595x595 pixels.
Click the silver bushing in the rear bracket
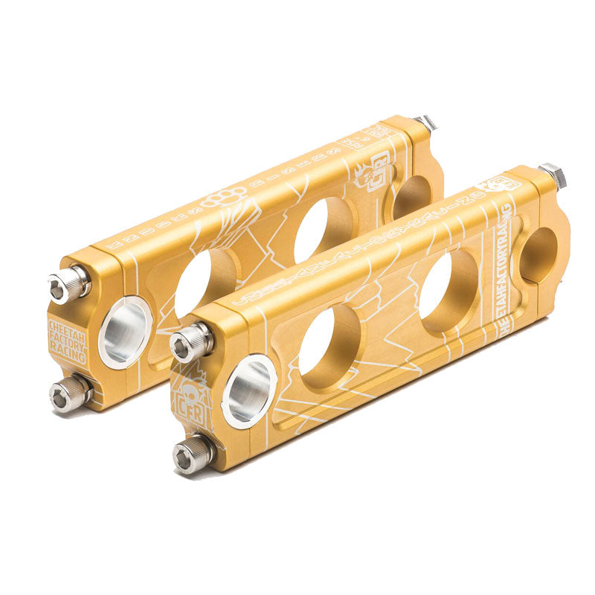[x=125, y=332]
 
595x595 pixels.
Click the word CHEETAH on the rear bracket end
[x=67, y=327]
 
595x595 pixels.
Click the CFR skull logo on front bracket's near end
[x=189, y=402]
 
